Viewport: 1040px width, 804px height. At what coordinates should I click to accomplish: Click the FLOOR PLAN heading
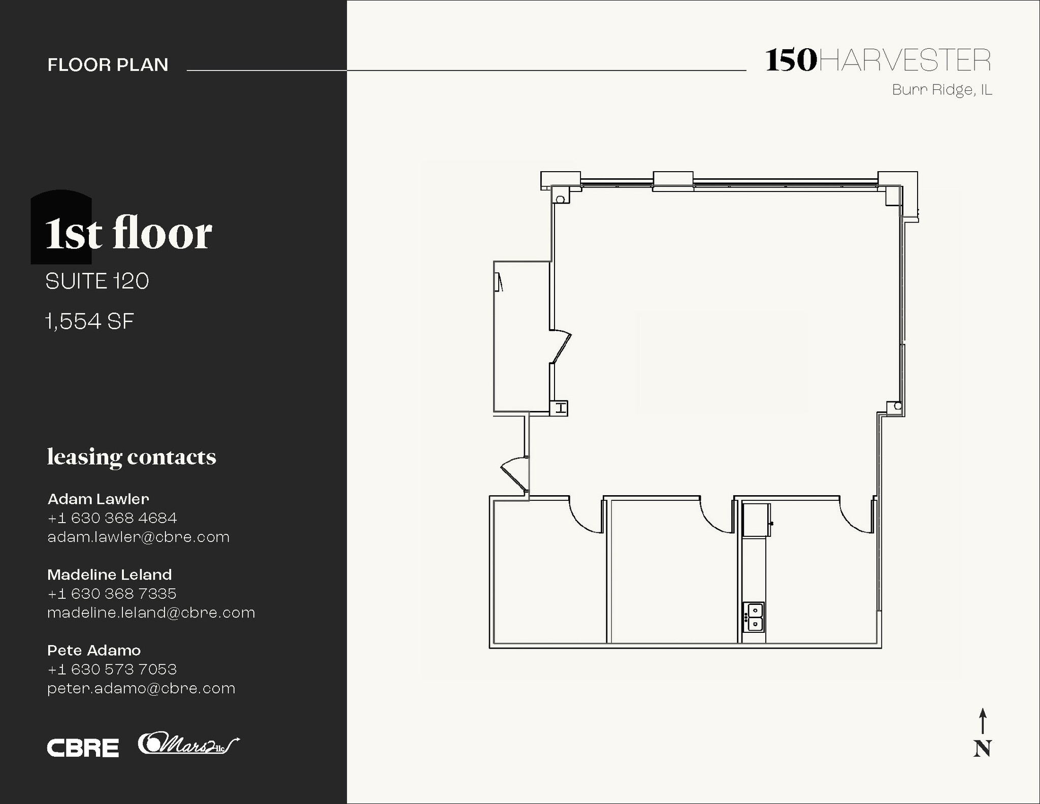(x=108, y=65)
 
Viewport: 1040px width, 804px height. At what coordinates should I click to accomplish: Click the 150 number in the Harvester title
(x=791, y=60)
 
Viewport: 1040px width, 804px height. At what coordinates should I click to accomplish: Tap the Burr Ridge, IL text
(x=941, y=90)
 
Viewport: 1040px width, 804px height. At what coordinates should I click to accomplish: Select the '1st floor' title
(x=128, y=233)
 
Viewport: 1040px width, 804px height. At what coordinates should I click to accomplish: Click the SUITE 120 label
(x=97, y=281)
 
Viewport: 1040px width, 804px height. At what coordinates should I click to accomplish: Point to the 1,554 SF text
(x=90, y=321)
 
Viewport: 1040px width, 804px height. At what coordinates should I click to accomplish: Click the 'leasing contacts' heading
(x=132, y=457)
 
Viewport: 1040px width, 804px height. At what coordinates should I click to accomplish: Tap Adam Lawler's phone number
(x=112, y=518)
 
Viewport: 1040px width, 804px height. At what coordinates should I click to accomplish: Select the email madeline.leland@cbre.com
(x=151, y=613)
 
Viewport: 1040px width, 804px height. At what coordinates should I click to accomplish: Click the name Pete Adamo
(x=94, y=650)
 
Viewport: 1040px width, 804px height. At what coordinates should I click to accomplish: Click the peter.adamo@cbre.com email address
(x=141, y=689)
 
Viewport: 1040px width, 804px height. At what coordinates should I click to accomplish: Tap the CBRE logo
(x=83, y=748)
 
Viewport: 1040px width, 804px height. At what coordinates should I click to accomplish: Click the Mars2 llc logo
(x=188, y=744)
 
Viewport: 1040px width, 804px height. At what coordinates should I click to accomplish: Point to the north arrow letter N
(x=982, y=749)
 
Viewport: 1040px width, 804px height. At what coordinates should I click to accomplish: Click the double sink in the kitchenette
(x=755, y=617)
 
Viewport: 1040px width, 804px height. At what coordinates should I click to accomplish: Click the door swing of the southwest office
(x=584, y=516)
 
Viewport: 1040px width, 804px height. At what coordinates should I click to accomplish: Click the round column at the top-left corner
(x=560, y=200)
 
